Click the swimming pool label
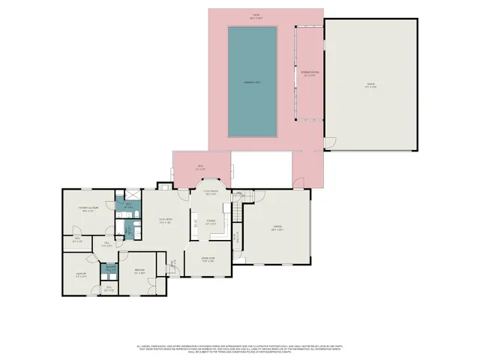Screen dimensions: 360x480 tap(252, 81)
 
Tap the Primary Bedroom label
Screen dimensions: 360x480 tap(90, 209)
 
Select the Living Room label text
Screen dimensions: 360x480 tap(165, 220)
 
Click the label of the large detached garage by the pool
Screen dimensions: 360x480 tap(370, 87)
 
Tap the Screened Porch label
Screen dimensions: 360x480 tap(308, 74)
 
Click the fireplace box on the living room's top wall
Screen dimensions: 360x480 tap(163, 185)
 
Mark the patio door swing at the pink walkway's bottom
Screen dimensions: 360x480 tap(299, 181)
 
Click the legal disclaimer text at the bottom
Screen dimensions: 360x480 tap(240, 349)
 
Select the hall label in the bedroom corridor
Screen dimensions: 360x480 tap(107, 243)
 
